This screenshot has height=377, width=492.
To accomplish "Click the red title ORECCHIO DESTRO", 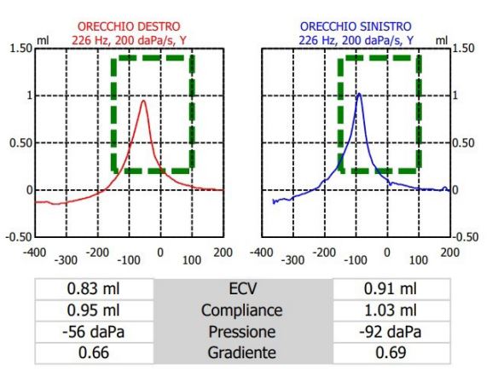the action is point(129,26).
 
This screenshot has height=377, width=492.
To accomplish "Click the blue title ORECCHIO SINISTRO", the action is point(356,26).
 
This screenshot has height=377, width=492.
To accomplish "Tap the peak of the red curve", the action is point(144,101).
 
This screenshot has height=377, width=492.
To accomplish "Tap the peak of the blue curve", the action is point(359,94).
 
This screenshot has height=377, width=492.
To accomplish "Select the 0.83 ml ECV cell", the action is point(94,289).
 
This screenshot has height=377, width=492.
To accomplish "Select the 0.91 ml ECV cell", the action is point(391,289).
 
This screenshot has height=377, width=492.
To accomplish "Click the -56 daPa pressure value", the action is point(94,332).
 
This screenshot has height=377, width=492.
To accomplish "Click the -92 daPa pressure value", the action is point(391,332).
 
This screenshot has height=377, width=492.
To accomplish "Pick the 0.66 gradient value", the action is point(94,352).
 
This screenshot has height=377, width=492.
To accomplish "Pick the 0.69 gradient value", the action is point(391,352).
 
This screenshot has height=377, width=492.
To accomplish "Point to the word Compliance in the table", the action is point(242,310).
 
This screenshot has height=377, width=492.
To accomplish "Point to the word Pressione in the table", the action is point(242,332).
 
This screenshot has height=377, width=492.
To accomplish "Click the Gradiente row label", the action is point(242,352).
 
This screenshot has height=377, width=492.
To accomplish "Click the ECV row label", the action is point(243,289).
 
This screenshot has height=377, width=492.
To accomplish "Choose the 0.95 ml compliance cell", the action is point(94,310).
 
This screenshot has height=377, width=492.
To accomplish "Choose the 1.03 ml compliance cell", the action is point(391,310).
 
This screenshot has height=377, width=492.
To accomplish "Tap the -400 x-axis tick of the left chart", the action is point(34,252).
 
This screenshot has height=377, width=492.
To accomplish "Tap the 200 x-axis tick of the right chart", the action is point(449,252).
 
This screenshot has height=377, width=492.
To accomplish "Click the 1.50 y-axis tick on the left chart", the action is point(21,49).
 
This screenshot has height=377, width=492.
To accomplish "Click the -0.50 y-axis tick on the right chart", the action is point(466,237).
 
